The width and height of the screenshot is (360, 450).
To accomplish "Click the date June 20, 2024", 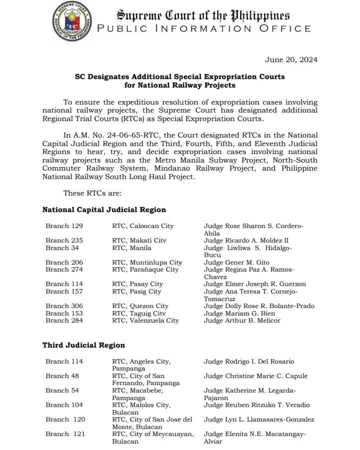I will click(291, 60).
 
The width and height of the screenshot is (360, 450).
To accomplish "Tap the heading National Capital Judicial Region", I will click(104, 210).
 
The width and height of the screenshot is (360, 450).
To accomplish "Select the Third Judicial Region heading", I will click(83, 345).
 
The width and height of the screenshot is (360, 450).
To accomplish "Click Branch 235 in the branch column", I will click(64, 240).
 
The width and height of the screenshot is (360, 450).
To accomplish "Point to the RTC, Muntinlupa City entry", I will click(147, 262).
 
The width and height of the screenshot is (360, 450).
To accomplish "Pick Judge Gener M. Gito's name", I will click(236, 262).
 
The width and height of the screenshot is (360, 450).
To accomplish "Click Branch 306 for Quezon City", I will click(64, 306).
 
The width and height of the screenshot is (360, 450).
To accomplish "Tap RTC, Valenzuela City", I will click(145, 320).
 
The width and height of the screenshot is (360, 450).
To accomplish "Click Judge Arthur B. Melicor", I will click(242, 320).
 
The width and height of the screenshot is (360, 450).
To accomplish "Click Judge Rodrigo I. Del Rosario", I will click(249, 361).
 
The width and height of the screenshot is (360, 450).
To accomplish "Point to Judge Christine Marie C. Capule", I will click(255, 376).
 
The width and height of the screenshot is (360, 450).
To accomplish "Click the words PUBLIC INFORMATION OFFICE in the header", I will click(204, 28).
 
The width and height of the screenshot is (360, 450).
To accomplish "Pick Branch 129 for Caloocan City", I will click(64, 226).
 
